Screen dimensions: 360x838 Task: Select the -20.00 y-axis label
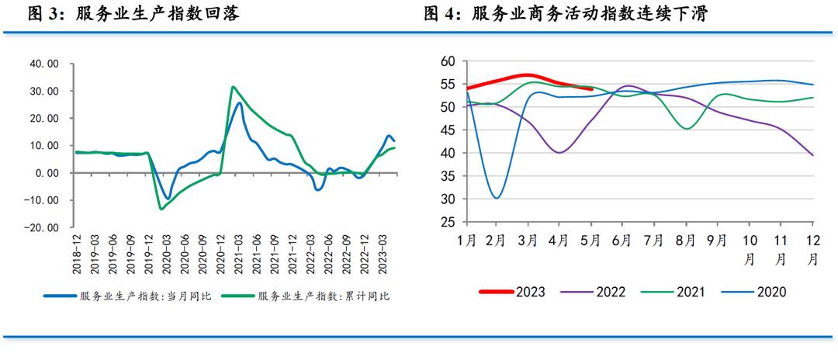click(43, 228)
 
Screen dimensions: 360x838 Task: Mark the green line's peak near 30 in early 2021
click(234, 87)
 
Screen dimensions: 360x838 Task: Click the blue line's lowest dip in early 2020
click(168, 199)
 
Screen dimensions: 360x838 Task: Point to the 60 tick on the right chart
click(447, 61)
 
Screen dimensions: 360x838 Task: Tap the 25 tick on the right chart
click(447, 223)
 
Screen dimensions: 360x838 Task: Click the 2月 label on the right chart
click(495, 241)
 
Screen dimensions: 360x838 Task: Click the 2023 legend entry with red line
click(512, 292)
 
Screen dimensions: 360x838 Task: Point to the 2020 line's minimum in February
click(496, 198)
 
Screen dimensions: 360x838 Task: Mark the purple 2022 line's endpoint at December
click(812, 155)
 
